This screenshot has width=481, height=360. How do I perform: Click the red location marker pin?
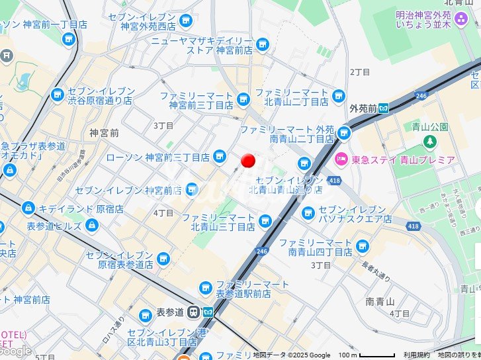pos(248,161)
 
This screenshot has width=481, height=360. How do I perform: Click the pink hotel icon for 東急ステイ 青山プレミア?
pos(341,159)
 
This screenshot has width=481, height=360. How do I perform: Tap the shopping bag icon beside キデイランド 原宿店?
pos(28,208)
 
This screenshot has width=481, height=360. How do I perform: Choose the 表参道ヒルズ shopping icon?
pos(92,226)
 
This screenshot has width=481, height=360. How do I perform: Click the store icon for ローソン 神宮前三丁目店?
pos(220,157)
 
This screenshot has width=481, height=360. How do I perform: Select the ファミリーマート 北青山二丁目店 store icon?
pos(339,96)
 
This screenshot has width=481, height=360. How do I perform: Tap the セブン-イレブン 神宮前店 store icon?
pos(192,190)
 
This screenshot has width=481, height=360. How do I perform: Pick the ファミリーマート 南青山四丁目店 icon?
pos(362,247)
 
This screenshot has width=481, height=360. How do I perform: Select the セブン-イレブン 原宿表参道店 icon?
pos(163,258)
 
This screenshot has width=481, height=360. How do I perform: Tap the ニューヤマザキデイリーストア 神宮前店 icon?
pos(263,44)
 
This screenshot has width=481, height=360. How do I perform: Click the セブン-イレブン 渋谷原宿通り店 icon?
pos(57,96)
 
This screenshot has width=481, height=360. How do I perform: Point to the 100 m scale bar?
pos(377,355)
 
